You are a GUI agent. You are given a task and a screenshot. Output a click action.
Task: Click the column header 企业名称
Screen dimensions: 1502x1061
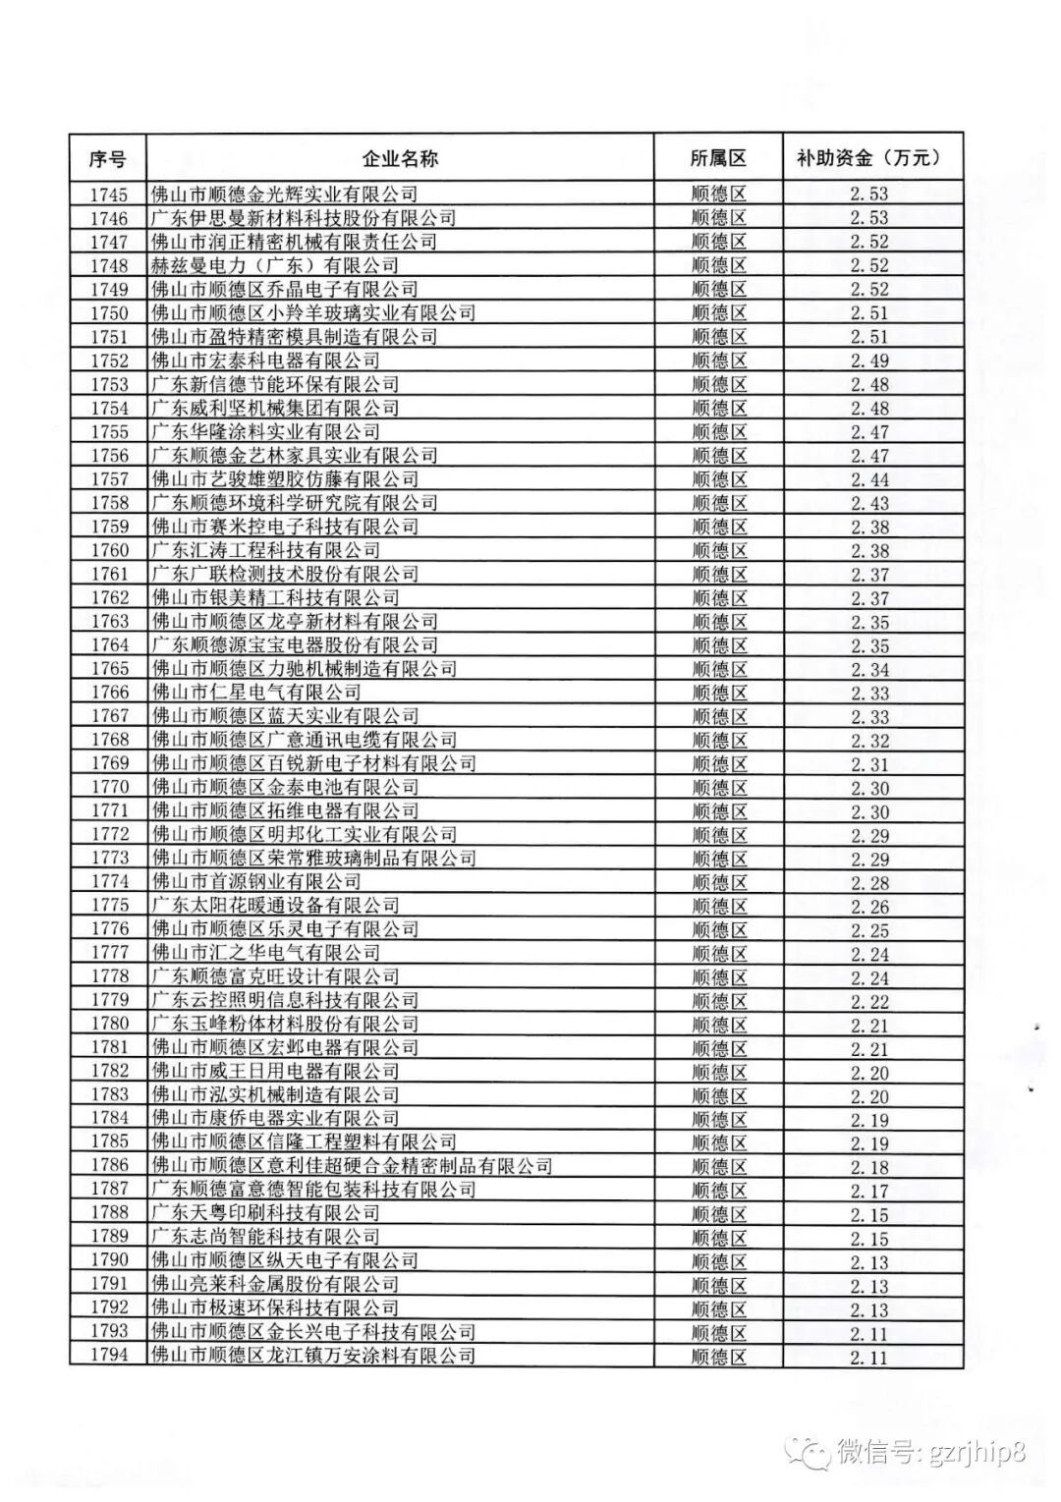pyautogui.click(x=400, y=159)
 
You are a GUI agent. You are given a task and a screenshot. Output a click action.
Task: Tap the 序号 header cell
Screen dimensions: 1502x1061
pyautogui.click(x=108, y=159)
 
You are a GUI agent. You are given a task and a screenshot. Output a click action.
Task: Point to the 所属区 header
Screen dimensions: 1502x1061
pyautogui.click(x=718, y=159)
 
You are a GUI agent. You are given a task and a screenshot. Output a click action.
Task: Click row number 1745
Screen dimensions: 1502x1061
pyautogui.click(x=110, y=195)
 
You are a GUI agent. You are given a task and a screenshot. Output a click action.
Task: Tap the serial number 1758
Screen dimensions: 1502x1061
pyautogui.click(x=110, y=503)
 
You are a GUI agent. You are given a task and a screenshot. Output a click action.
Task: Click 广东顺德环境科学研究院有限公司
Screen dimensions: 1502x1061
pyautogui.click(x=294, y=503)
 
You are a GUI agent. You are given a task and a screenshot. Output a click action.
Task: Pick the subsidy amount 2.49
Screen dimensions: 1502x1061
pyautogui.click(x=869, y=361)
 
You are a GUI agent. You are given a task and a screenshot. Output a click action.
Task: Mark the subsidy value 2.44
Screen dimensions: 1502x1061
pyautogui.click(x=869, y=479)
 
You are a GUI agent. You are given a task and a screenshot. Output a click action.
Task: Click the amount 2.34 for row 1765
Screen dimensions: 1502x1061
pyautogui.click(x=869, y=669)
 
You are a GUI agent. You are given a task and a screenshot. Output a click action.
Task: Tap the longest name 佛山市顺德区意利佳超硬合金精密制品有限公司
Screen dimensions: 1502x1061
pyautogui.click(x=352, y=1166)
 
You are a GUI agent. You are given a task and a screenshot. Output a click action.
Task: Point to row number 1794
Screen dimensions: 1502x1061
pyautogui.click(x=110, y=1356)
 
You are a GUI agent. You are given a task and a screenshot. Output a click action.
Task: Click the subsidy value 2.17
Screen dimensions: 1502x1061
pyautogui.click(x=869, y=1191)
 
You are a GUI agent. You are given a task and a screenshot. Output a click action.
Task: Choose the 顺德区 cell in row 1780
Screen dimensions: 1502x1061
pyautogui.click(x=718, y=1025)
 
